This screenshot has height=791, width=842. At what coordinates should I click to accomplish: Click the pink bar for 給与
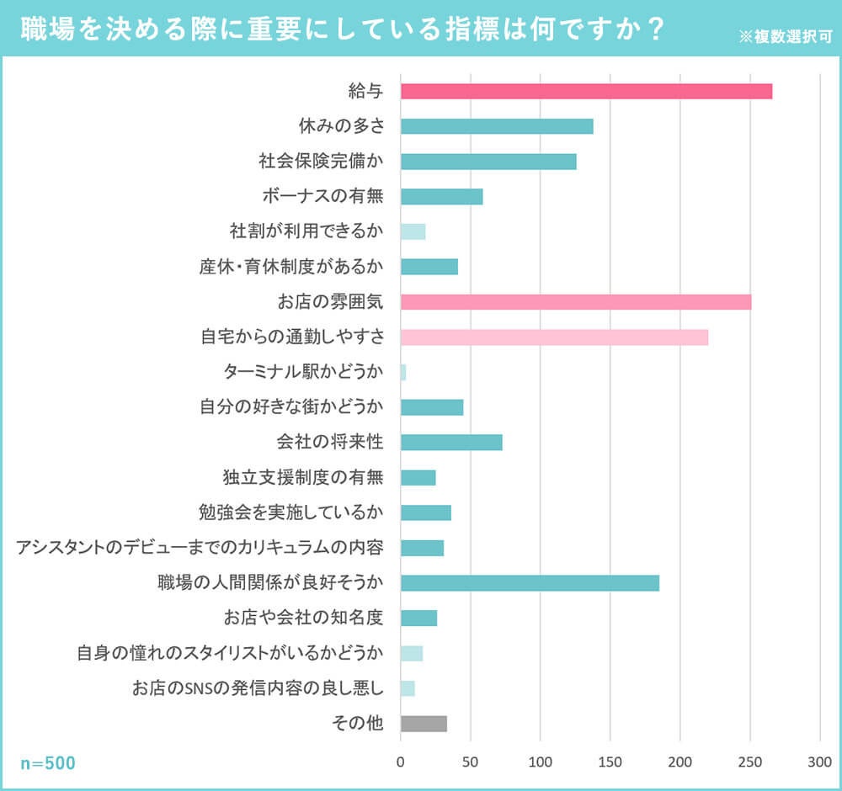pos(586,92)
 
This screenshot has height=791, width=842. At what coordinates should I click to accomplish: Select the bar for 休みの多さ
pos(497,127)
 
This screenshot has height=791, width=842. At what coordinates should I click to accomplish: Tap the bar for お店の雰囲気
pos(576,302)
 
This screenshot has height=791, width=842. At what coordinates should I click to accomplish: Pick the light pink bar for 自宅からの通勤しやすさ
pos(554,337)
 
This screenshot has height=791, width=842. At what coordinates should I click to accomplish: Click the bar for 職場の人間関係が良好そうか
pos(530,583)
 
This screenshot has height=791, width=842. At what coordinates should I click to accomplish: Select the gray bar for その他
pos(424,724)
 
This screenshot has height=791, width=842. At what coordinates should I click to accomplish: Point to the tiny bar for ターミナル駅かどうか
pos(403,373)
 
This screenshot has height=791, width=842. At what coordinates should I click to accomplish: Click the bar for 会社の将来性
pos(451,443)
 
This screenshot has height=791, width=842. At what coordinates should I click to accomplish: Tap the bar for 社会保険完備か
pos(488,162)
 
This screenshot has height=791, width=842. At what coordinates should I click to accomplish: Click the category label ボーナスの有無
pos(322,196)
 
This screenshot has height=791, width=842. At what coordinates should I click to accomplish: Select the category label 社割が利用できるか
pos(306,231)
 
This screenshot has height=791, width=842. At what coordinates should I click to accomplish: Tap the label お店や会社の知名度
pos(303,618)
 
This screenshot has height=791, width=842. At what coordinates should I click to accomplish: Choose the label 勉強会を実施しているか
pos(291,512)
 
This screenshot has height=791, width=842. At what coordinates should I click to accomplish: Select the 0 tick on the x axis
pos(401,762)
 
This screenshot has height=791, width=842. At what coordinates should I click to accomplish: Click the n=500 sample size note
pos(48,763)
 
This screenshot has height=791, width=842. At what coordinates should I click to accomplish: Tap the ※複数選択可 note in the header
pos(785,38)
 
